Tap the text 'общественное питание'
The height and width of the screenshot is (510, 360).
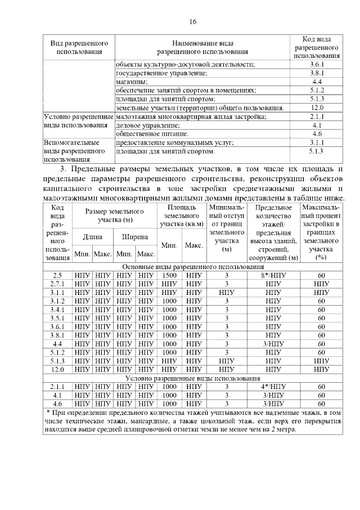point(152,134)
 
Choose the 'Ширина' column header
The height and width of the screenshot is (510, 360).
point(135,237)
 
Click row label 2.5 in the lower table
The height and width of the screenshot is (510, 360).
point(57,275)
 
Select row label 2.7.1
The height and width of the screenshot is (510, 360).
point(57,284)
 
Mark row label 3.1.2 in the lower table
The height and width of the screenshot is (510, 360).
point(57,301)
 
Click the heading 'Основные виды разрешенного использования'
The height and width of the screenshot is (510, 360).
point(192,266)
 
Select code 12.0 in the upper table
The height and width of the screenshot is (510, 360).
point(317,108)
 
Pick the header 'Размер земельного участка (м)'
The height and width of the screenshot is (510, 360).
point(114,215)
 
